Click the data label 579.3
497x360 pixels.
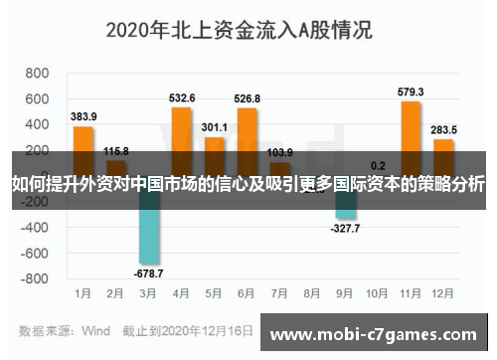[x=410, y=91]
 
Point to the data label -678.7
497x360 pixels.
[x=148, y=272]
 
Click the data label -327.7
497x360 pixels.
[x=344, y=228]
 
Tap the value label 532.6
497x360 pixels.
[x=182, y=97]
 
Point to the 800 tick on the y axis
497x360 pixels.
[x=37, y=74]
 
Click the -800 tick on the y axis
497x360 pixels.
[x=35, y=278]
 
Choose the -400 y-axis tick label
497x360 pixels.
[x=35, y=227]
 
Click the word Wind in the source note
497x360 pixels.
[x=95, y=329]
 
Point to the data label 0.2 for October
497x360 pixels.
[x=378, y=165]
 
